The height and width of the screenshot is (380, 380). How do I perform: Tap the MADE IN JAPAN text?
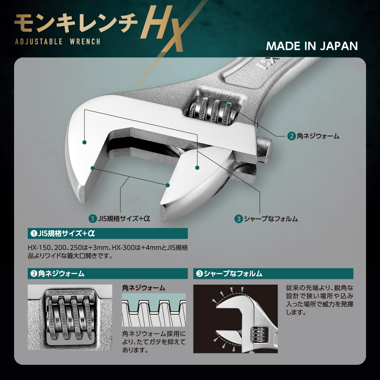(x=312, y=46)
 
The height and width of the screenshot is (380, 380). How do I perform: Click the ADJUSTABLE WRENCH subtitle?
(x=57, y=41)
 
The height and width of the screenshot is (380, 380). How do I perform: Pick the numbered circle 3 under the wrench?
(x=238, y=218)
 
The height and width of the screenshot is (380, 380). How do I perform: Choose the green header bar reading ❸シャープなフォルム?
(x=273, y=273)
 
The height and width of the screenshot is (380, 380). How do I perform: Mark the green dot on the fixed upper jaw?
(x=84, y=142)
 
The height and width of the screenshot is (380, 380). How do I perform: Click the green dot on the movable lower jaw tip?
(x=167, y=185)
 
